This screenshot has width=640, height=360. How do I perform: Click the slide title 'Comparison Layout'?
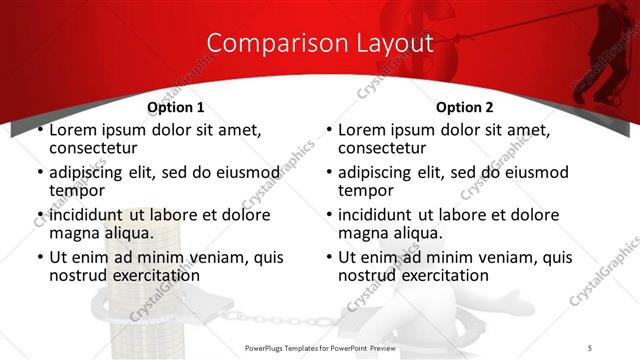pyautogui.click(x=319, y=43)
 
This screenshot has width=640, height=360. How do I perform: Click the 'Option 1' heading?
pyautogui.click(x=175, y=107)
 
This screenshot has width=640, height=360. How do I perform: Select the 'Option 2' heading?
pyautogui.click(x=464, y=107)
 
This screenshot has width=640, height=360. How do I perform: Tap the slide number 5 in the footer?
pyautogui.click(x=590, y=347)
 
